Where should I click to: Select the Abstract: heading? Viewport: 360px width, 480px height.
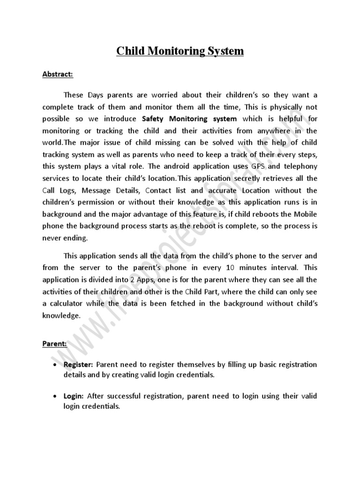(58, 74)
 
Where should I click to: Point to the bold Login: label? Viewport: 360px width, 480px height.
(74, 396)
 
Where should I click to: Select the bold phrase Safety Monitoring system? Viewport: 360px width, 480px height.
(189, 119)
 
